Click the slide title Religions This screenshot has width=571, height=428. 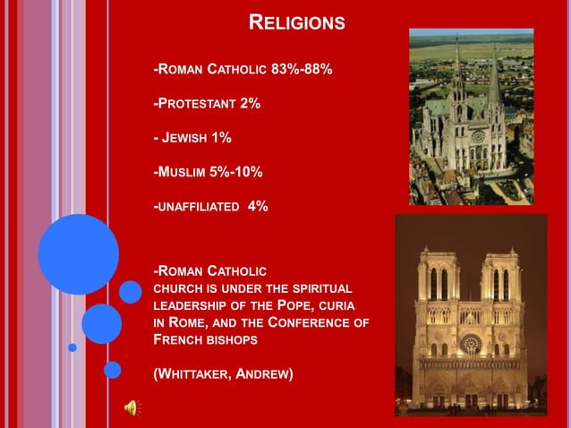tap(295, 22)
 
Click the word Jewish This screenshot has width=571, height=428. tap(186, 137)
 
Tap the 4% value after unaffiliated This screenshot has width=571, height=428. tap(258, 206)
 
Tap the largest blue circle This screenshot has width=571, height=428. tap(78, 254)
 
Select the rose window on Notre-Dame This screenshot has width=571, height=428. tap(469, 343)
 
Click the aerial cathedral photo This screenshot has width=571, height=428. tap(471, 116)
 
